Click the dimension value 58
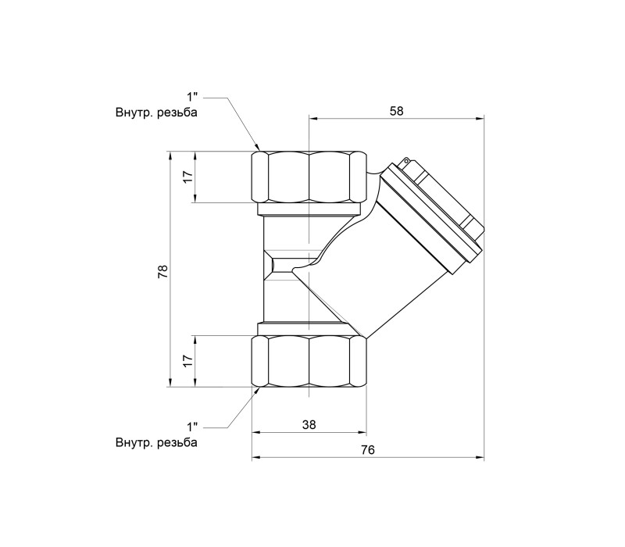pyautogui.click(x=397, y=111)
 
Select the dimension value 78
pyautogui.click(x=163, y=271)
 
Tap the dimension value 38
pyautogui.click(x=309, y=424)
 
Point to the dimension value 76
pyautogui.click(x=368, y=450)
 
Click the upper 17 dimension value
pyautogui.click(x=188, y=177)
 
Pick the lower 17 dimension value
pyautogui.click(x=188, y=361)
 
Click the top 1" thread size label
pyautogui.click(x=192, y=97)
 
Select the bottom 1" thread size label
pyautogui.click(x=192, y=427)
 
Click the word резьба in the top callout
pyautogui.click(x=177, y=113)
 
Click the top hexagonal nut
pyautogui.click(x=309, y=177)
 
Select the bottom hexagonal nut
pyautogui.click(x=309, y=361)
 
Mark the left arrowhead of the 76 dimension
pyautogui.click(x=255, y=458)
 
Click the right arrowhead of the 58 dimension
pyautogui.click(x=480, y=119)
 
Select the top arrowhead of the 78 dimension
pyautogui.click(x=170, y=155)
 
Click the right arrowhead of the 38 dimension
pyautogui.click(x=362, y=432)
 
